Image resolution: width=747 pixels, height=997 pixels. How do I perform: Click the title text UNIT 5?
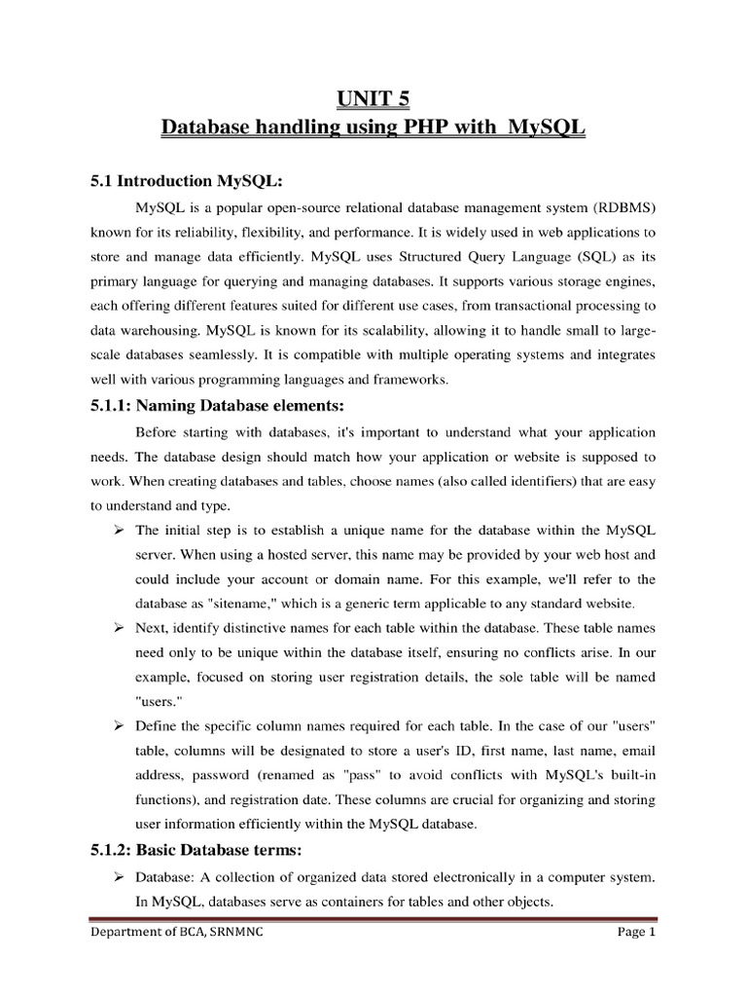[x=373, y=98]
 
